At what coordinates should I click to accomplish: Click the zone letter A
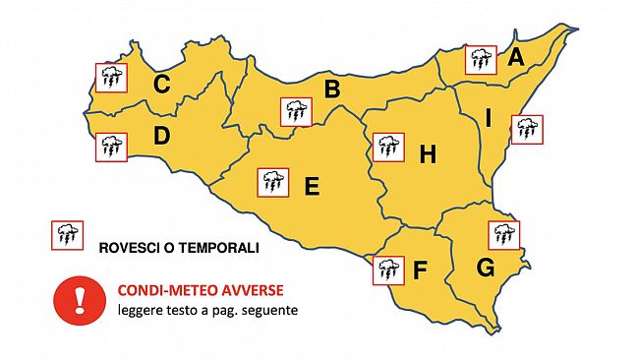516,58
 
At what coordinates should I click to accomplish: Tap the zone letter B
332,90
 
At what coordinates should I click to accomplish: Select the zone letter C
163,86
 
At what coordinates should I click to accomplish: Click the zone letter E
312,185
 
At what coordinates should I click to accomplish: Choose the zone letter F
421,270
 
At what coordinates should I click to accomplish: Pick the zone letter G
485,268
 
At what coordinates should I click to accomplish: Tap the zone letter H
428,154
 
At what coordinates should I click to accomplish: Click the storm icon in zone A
481,59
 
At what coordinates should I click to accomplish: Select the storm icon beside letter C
110,77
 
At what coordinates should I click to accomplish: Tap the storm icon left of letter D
110,148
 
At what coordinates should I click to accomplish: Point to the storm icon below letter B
296,111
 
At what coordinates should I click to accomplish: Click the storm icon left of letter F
388,270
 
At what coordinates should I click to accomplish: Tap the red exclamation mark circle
75,299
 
